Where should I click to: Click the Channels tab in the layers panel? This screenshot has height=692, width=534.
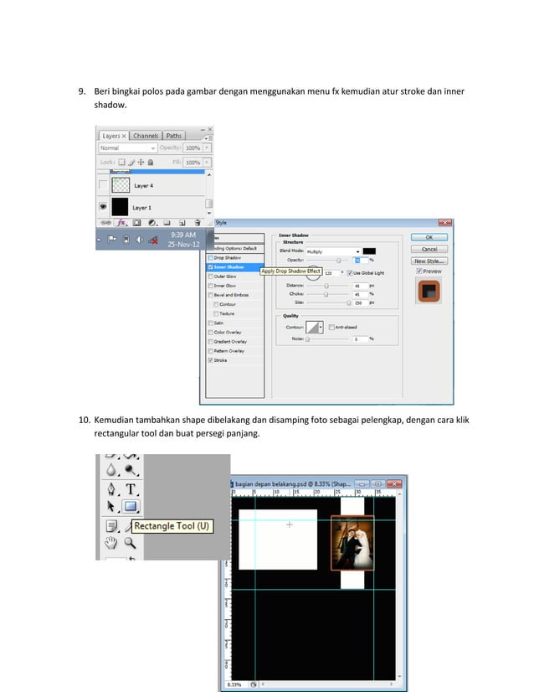(146, 136)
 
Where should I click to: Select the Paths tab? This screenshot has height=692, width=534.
(173, 136)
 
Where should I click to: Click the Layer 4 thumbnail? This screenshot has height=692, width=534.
(120, 185)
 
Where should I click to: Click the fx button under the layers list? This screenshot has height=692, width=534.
(121, 223)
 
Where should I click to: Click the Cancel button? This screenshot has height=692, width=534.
(429, 249)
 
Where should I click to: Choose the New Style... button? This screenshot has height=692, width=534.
(429, 261)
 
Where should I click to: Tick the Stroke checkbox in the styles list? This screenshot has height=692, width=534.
(210, 360)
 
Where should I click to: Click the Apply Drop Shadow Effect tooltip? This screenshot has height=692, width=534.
(291, 271)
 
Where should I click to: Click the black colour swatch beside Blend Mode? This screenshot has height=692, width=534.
(369, 250)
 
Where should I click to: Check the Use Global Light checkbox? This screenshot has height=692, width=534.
(350, 273)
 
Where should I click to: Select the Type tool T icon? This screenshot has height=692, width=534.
(131, 489)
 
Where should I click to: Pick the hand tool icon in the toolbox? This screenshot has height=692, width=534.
(110, 543)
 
